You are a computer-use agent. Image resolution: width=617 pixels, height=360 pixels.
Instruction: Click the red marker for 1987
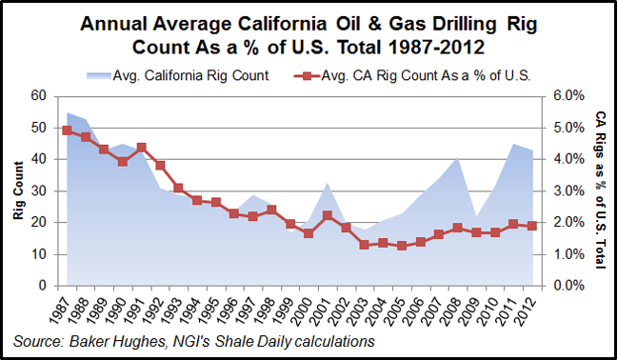[x=68, y=130]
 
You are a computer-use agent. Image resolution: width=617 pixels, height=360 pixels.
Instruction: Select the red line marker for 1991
[x=141, y=148]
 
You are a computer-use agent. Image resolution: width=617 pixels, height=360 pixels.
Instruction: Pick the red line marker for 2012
[x=531, y=226]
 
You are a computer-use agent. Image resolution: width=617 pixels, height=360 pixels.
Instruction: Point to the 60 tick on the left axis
[x=40, y=95]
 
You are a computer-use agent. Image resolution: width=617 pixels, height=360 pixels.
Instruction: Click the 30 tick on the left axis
[x=40, y=190]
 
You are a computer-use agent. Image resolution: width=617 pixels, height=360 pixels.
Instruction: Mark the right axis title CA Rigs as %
[x=601, y=190]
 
